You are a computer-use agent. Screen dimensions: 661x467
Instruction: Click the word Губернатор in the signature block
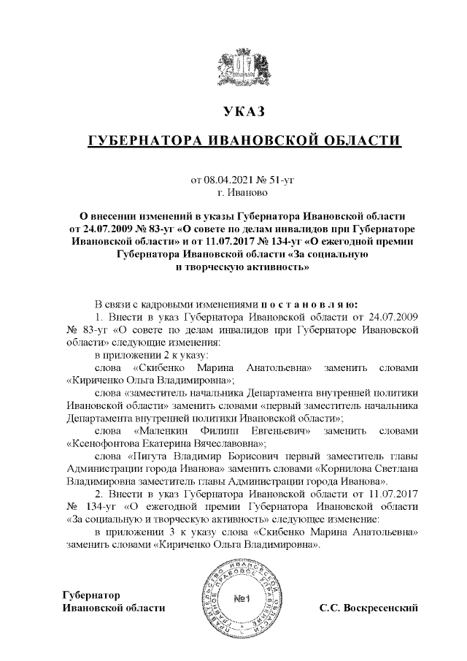click(90, 595)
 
